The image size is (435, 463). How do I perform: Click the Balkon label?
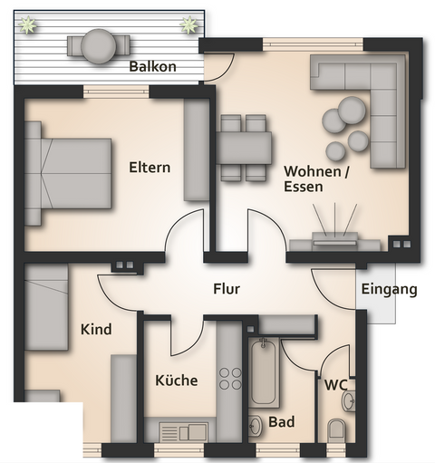pyautogui.click(x=151, y=67)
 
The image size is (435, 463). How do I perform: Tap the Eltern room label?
pyautogui.click(x=150, y=168)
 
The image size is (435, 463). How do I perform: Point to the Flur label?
pyautogui.click(x=226, y=290)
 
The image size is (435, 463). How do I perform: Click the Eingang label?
pyautogui.click(x=389, y=290)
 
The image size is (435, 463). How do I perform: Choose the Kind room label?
pyautogui.click(x=96, y=330)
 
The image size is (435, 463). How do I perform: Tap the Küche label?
pyautogui.click(x=176, y=381)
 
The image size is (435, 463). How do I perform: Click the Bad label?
pyautogui.click(x=281, y=422)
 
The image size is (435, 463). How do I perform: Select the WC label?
pyautogui.click(x=336, y=384)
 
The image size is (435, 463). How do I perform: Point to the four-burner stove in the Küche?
pyautogui.click(x=230, y=379)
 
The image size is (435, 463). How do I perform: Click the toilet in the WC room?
pyautogui.click(x=336, y=428)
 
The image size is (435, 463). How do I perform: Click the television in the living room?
pyautogui.click(x=334, y=239)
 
